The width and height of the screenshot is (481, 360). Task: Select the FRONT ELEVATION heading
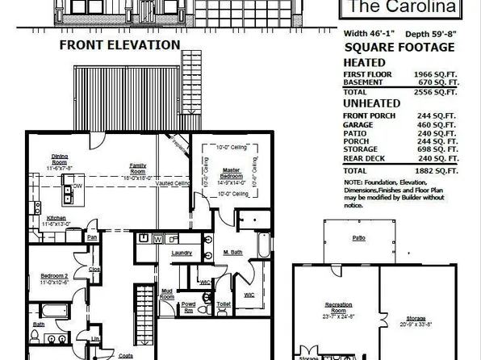click(119, 46)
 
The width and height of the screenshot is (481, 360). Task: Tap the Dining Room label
click(60, 158)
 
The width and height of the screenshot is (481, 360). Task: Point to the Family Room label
click(138, 168)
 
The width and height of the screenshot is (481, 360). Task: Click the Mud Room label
click(166, 294)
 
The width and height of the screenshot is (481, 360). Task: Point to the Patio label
click(358, 238)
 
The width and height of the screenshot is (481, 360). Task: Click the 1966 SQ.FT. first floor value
click(436, 73)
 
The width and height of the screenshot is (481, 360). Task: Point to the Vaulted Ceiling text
click(174, 184)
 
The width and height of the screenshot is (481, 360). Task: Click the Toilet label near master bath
click(224, 304)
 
